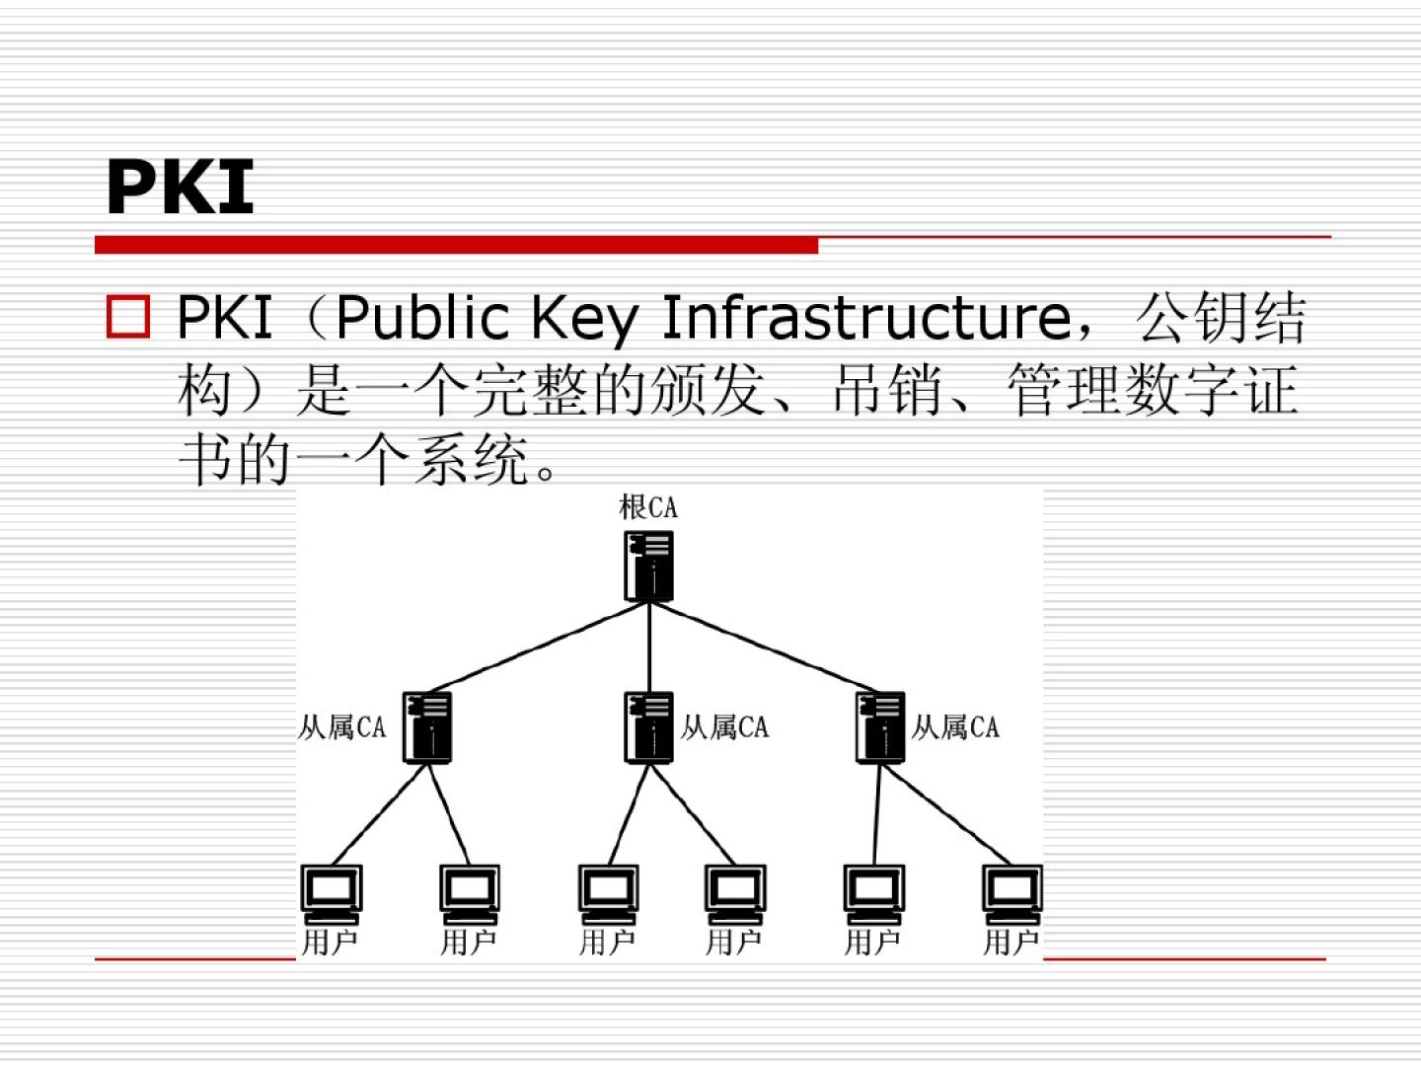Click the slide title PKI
(180, 187)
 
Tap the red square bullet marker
(127, 318)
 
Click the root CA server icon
(648, 566)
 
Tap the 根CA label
(648, 507)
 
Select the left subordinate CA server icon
(427, 726)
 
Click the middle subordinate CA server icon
(648, 726)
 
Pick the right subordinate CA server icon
(880, 726)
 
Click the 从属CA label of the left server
(342, 727)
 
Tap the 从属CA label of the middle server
(724, 727)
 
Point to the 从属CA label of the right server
(955, 727)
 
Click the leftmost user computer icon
(332, 893)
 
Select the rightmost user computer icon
(1011, 893)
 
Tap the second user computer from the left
(470, 893)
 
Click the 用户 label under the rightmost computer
(1010, 943)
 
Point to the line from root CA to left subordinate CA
(539, 647)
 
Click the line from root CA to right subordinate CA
(765, 647)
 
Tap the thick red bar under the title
(456, 245)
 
